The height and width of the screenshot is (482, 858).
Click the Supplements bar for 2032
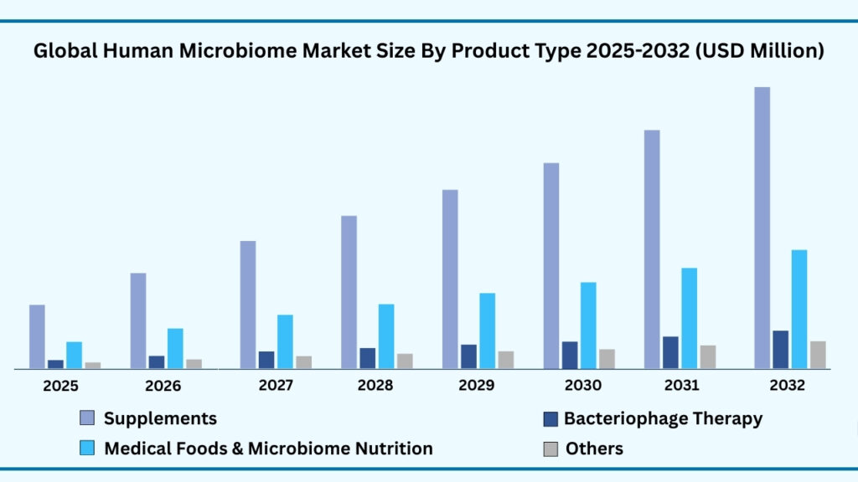coord(762,227)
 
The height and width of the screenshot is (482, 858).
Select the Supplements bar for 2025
coord(37,336)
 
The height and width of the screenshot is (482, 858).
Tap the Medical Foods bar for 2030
coord(588,325)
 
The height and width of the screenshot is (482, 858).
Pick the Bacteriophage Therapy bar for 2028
coord(367,358)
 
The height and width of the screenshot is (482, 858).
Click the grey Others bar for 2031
coord(708,356)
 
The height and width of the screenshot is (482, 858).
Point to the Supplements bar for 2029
coord(450,279)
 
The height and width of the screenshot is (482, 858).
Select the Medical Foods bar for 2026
coord(174,348)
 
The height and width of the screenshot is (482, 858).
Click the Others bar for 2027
coord(303,361)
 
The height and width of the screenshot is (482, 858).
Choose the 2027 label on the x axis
coord(276,386)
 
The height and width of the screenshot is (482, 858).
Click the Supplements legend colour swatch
coord(87,418)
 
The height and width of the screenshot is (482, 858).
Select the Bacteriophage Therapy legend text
coord(663,418)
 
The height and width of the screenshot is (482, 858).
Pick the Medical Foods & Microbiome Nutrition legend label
coord(268,449)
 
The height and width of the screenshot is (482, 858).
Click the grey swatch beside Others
coord(550,449)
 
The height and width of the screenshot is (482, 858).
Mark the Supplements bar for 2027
coord(248,305)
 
